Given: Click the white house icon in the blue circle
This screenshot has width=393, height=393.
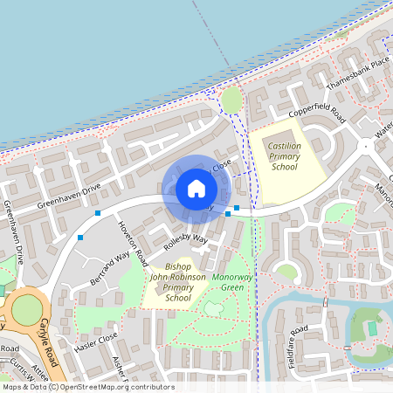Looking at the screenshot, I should (196, 189).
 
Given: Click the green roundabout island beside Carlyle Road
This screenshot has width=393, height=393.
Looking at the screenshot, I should (28, 309).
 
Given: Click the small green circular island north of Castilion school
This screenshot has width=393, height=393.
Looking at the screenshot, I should (231, 100).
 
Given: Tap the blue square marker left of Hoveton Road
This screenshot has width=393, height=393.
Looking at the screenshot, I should (98, 213).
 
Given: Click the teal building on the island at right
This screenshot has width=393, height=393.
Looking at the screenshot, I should (373, 328).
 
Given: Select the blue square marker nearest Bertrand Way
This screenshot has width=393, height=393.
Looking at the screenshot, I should (80, 237).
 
